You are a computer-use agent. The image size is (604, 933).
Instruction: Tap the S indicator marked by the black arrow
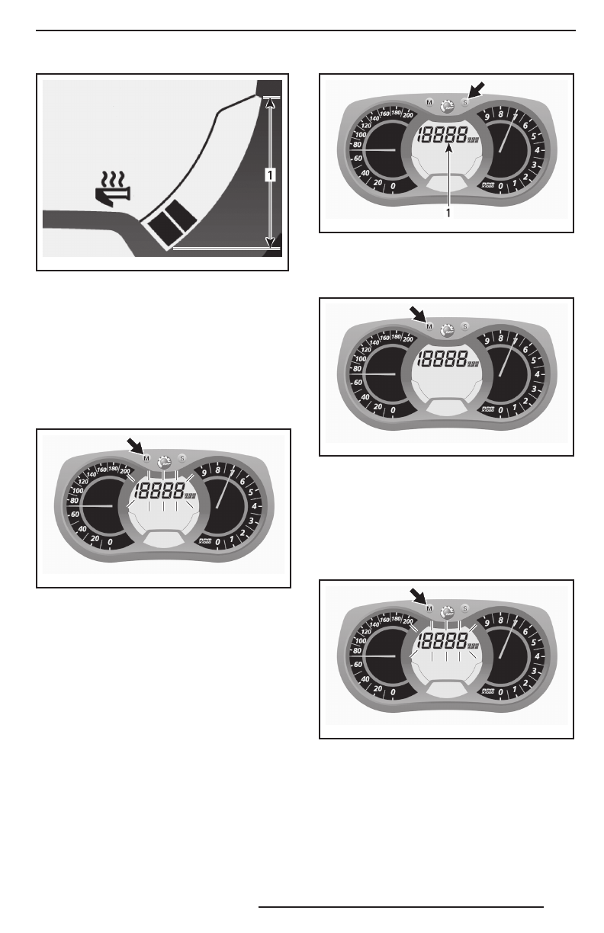(x=464, y=102)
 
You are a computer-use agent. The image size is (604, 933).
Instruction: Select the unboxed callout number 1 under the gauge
(x=448, y=213)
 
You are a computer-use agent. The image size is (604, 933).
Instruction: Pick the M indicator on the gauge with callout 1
(x=429, y=102)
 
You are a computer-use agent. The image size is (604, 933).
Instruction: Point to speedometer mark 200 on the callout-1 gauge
(x=407, y=116)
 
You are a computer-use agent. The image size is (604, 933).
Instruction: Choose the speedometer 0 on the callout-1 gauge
(x=394, y=187)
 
